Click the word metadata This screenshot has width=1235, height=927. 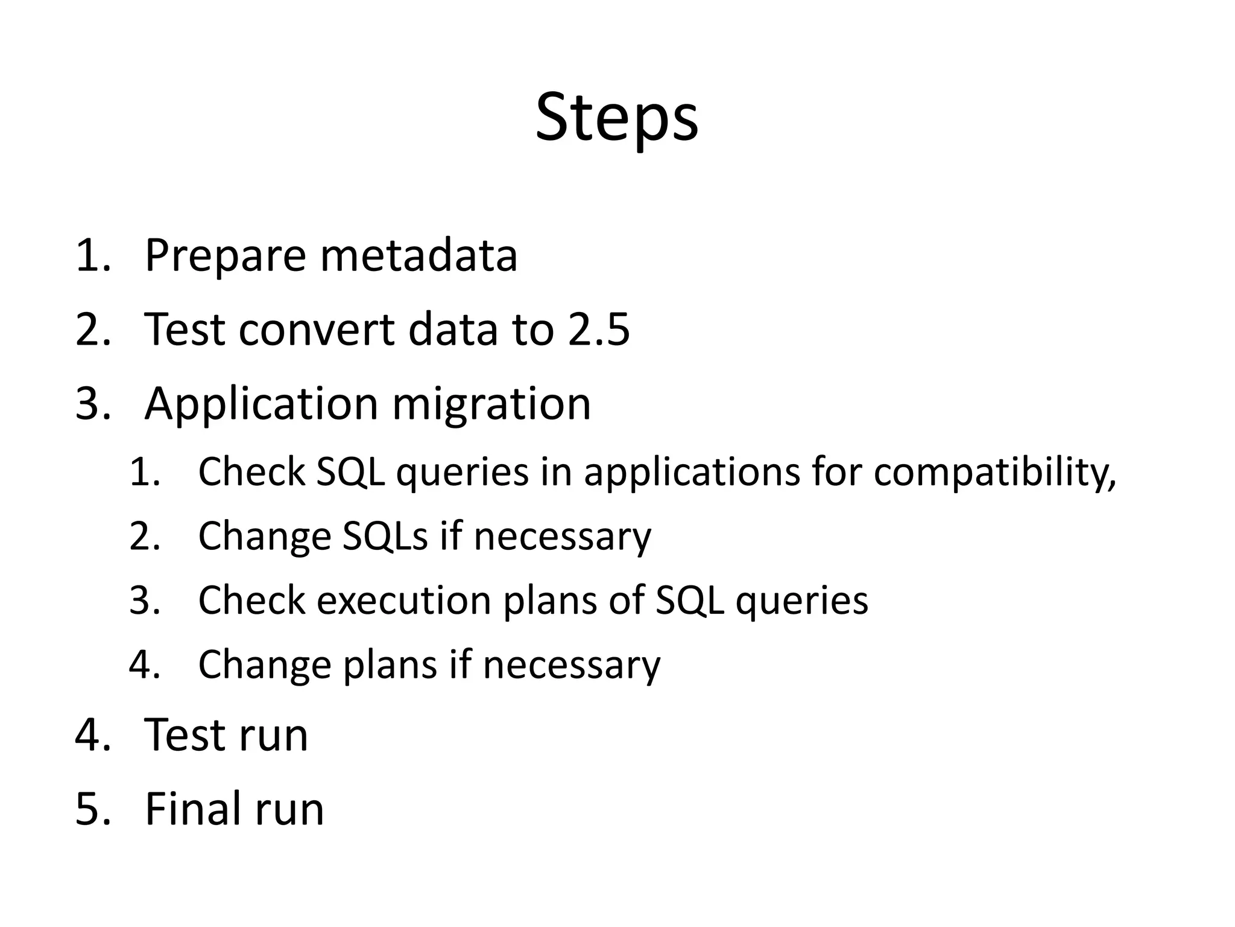coord(419,255)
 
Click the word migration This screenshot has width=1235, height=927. coord(491,404)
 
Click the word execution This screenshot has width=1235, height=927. coord(404,600)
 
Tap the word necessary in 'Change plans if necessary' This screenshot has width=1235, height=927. coord(571,665)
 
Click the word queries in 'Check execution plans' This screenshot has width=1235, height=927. coord(801,600)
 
